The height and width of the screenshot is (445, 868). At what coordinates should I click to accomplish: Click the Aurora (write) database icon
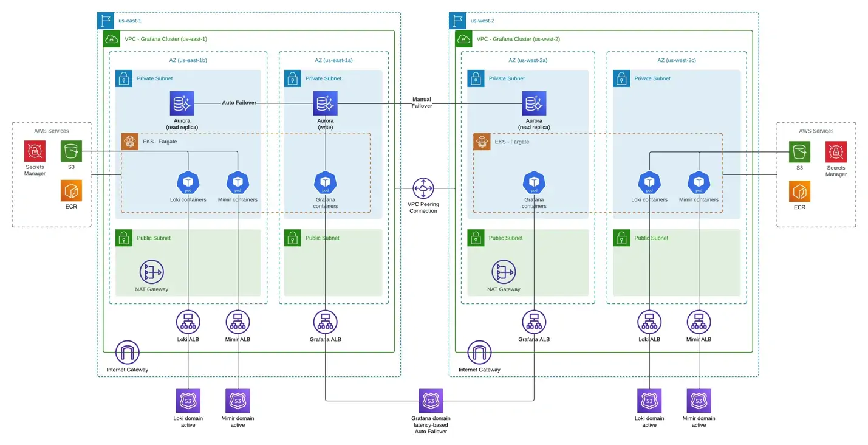click(x=326, y=103)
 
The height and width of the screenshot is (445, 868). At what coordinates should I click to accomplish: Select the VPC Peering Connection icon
click(x=423, y=188)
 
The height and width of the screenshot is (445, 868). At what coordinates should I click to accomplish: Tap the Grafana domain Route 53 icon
click(x=431, y=401)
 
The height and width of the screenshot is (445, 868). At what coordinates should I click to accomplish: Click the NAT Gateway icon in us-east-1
click(x=152, y=272)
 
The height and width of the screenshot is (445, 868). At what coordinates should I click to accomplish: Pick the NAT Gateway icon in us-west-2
click(x=504, y=272)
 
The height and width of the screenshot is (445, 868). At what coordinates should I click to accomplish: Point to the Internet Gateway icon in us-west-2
click(x=479, y=353)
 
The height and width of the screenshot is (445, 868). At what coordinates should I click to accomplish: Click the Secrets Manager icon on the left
click(x=35, y=151)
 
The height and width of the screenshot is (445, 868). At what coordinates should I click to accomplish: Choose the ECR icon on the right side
click(x=799, y=191)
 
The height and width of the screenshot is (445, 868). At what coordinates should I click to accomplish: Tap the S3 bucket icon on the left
click(x=71, y=151)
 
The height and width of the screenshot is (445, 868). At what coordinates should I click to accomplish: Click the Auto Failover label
click(x=239, y=103)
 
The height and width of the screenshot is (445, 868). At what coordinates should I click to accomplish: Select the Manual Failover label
click(x=422, y=102)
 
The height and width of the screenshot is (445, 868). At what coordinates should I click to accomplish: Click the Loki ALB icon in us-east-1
click(x=188, y=322)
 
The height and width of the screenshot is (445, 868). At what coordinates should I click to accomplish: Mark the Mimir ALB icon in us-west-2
click(x=699, y=322)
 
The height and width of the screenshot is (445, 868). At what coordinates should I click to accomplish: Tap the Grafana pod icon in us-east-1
click(x=326, y=182)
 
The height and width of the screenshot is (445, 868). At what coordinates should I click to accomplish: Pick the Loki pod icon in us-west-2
click(x=649, y=182)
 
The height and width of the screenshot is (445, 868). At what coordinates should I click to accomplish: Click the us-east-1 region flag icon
click(x=106, y=21)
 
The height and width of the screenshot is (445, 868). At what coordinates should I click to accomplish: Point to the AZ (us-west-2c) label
click(x=677, y=60)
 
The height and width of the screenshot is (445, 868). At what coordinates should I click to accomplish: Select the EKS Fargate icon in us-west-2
click(x=482, y=142)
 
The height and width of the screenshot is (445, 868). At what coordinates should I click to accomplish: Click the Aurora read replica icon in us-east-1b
click(x=182, y=103)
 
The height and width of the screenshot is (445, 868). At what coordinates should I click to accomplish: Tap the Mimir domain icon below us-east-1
click(x=238, y=401)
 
